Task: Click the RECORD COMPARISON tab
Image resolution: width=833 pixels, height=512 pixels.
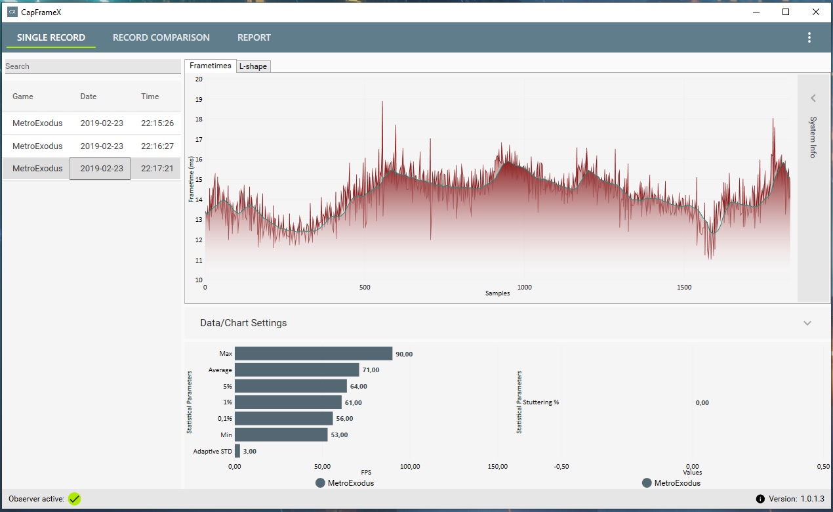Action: coord(161,37)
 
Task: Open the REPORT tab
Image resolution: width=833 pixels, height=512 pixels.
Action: coord(254,37)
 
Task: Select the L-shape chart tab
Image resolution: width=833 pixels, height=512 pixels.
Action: coord(253,66)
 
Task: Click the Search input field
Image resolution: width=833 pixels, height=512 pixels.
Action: coord(92,66)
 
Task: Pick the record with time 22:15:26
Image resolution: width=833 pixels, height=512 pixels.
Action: coord(157,123)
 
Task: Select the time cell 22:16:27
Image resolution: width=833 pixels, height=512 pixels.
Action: coord(157,146)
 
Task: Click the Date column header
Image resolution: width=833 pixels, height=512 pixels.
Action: coord(89,96)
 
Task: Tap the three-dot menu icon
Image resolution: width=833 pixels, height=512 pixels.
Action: coord(809,37)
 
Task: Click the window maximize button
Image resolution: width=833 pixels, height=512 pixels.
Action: coord(786,12)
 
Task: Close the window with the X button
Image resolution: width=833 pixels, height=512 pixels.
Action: coord(815,12)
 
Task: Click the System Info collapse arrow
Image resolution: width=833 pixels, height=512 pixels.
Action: coord(813,98)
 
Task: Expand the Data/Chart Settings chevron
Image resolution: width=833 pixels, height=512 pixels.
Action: coord(807,323)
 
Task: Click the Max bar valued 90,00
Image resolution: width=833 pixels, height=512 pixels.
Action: coord(314,354)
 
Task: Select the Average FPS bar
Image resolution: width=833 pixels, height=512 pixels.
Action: coord(296,370)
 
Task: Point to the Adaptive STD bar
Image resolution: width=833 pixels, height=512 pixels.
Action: coord(237,451)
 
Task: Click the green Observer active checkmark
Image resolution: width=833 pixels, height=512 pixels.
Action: coord(75,499)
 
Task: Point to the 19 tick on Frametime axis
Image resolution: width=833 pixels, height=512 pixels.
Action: coord(199,99)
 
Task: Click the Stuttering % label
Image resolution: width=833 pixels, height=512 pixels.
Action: coord(541,402)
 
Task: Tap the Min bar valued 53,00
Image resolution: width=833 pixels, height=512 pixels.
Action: coord(281,435)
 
